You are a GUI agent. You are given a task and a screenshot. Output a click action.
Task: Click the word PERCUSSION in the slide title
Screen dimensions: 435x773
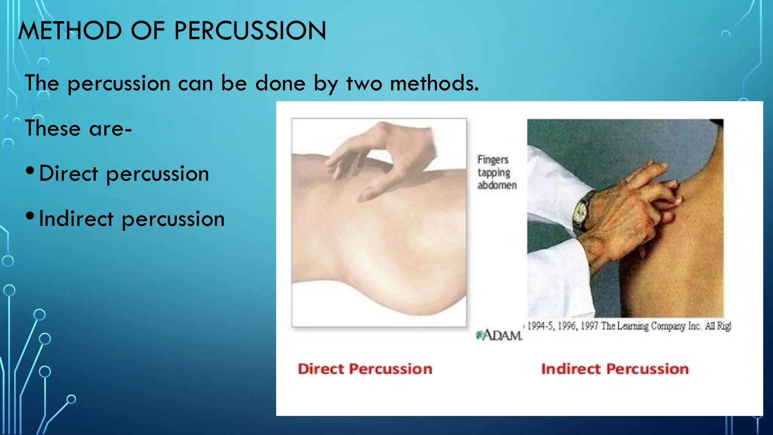pyautogui.click(x=250, y=31)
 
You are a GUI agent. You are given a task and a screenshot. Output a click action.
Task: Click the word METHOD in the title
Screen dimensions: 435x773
pyautogui.click(x=70, y=31)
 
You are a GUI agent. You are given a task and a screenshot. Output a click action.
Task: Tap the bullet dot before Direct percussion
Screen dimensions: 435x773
pyautogui.click(x=30, y=171)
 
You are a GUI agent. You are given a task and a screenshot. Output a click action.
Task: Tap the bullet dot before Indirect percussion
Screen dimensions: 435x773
pyautogui.click(x=30, y=216)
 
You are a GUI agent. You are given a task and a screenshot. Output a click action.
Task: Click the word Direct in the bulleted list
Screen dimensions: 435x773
pyautogui.click(x=69, y=173)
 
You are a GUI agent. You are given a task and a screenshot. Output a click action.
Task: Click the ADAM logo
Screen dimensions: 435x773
pyautogui.click(x=499, y=335)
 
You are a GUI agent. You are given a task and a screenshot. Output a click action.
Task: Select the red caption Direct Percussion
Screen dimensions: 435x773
pyautogui.click(x=365, y=369)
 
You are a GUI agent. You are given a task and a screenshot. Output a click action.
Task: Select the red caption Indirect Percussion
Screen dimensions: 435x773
pyautogui.click(x=615, y=369)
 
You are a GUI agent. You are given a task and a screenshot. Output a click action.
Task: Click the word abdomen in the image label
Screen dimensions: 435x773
pyautogui.click(x=497, y=185)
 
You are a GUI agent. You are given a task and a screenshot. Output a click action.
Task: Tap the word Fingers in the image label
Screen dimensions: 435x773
pyautogui.click(x=493, y=160)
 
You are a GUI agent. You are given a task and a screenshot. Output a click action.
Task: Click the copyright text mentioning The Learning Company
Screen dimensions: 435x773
pyautogui.click(x=628, y=326)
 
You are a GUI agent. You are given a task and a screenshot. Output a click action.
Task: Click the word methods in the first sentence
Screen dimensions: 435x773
pyautogui.click(x=434, y=83)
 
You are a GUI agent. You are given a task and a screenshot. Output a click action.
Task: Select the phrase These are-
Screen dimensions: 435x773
pyautogui.click(x=78, y=128)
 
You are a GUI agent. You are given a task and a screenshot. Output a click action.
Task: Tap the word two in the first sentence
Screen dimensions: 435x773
pyautogui.click(x=364, y=83)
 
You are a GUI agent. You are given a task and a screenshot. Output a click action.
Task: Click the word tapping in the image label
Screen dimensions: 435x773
pyautogui.click(x=494, y=173)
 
